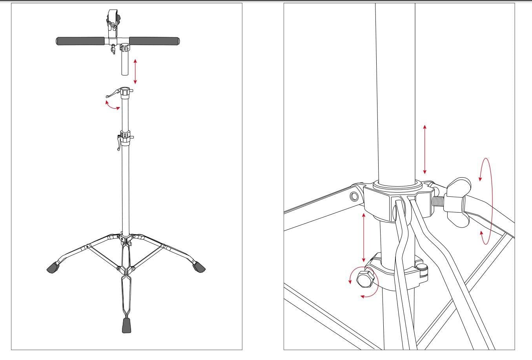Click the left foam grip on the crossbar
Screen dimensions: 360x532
tap(80, 41)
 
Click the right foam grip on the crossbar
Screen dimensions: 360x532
tap(154, 41)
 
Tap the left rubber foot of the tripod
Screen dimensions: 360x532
tap(53, 268)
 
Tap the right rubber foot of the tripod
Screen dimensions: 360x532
tap(199, 267)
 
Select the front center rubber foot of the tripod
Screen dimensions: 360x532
tap(126, 325)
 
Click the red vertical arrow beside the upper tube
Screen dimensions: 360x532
tap(425, 149)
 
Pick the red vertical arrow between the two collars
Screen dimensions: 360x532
tap(364, 238)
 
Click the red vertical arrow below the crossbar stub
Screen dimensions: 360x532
tap(135, 71)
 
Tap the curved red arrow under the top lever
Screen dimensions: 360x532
tap(113, 105)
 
